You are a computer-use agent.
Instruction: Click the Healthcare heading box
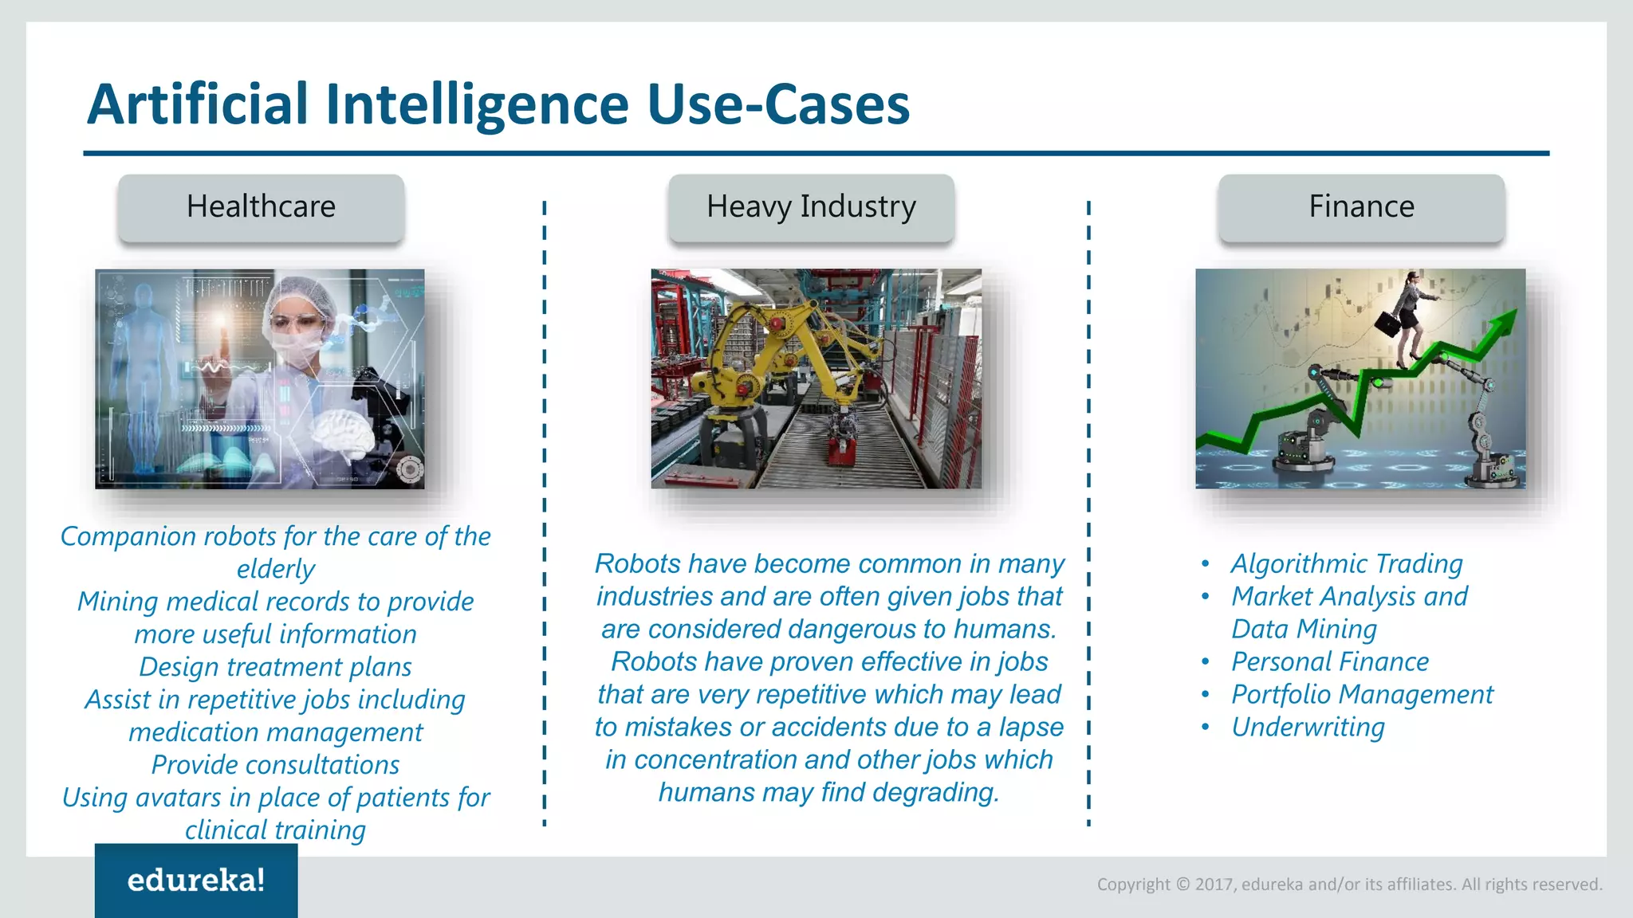point(261,207)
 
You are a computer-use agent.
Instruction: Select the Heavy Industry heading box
point(811,207)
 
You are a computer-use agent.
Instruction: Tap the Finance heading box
point(1361,207)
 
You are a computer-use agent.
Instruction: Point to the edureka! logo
point(196,881)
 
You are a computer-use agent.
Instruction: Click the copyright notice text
point(1349,884)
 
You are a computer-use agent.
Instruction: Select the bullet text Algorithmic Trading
point(1347,564)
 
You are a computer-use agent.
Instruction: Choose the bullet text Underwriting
point(1308,728)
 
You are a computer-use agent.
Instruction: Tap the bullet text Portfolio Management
point(1362,695)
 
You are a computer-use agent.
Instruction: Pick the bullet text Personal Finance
point(1330,662)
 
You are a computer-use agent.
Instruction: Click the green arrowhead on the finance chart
point(1502,322)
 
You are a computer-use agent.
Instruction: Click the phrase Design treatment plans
point(275,667)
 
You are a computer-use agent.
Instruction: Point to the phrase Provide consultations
point(275,765)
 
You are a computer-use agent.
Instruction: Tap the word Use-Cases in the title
point(778,106)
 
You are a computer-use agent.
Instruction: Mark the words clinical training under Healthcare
point(275,830)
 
